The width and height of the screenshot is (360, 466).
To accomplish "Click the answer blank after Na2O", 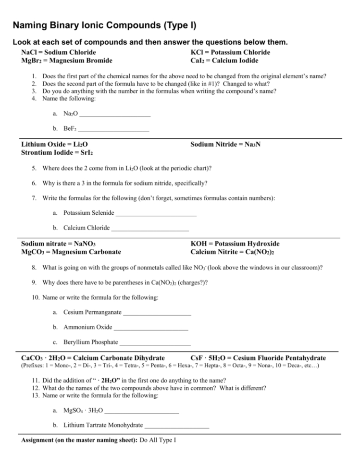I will [115, 114].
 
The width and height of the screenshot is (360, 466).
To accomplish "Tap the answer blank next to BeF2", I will [113, 129].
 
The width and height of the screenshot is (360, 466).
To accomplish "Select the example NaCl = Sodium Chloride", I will [59, 52].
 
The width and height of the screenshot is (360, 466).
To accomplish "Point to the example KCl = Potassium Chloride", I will [230, 52].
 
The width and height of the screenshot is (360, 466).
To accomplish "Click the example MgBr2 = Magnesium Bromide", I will [67, 61].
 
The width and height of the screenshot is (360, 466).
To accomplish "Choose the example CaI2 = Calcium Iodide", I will [224, 61].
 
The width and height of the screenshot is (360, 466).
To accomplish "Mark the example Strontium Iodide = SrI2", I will [57, 152].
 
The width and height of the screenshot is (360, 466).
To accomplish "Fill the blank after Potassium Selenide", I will [156, 213].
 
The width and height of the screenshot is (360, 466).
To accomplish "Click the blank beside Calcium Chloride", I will [150, 228].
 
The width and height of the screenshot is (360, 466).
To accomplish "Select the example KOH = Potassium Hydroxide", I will [235, 244].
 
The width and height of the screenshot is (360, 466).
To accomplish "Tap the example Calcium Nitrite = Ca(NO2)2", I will [236, 252].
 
